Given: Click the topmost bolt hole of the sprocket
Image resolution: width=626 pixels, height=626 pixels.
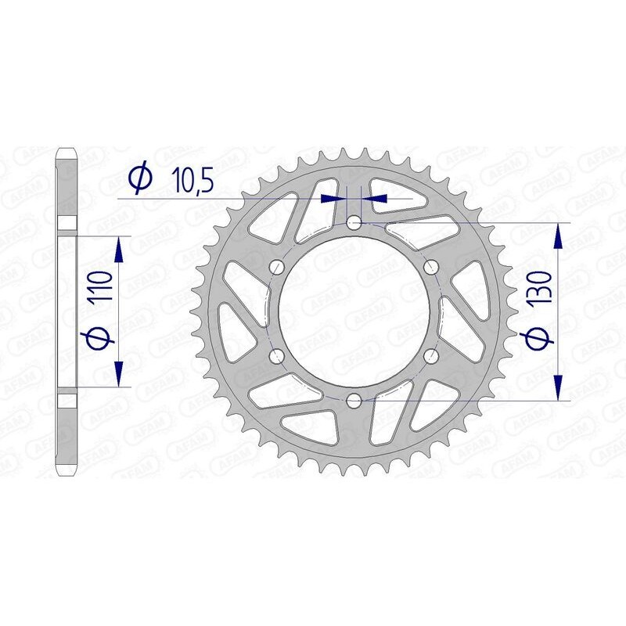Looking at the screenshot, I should pos(354,223).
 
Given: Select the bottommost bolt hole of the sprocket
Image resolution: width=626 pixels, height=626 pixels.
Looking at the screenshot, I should pos(354,401).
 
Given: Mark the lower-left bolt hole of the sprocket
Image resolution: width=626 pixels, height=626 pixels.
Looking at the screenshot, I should pos(276,357).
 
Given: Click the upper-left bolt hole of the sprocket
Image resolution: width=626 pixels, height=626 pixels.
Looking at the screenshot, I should pos(276,268).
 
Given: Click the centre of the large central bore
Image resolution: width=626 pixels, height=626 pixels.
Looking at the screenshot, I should pos(354,312).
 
